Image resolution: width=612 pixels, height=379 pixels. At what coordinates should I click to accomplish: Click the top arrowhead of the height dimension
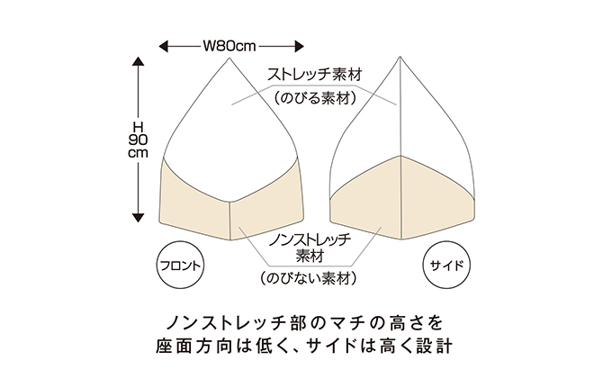138,64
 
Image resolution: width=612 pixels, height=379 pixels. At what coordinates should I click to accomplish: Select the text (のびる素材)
314,96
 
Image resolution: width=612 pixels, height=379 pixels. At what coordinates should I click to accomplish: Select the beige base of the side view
400,198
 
